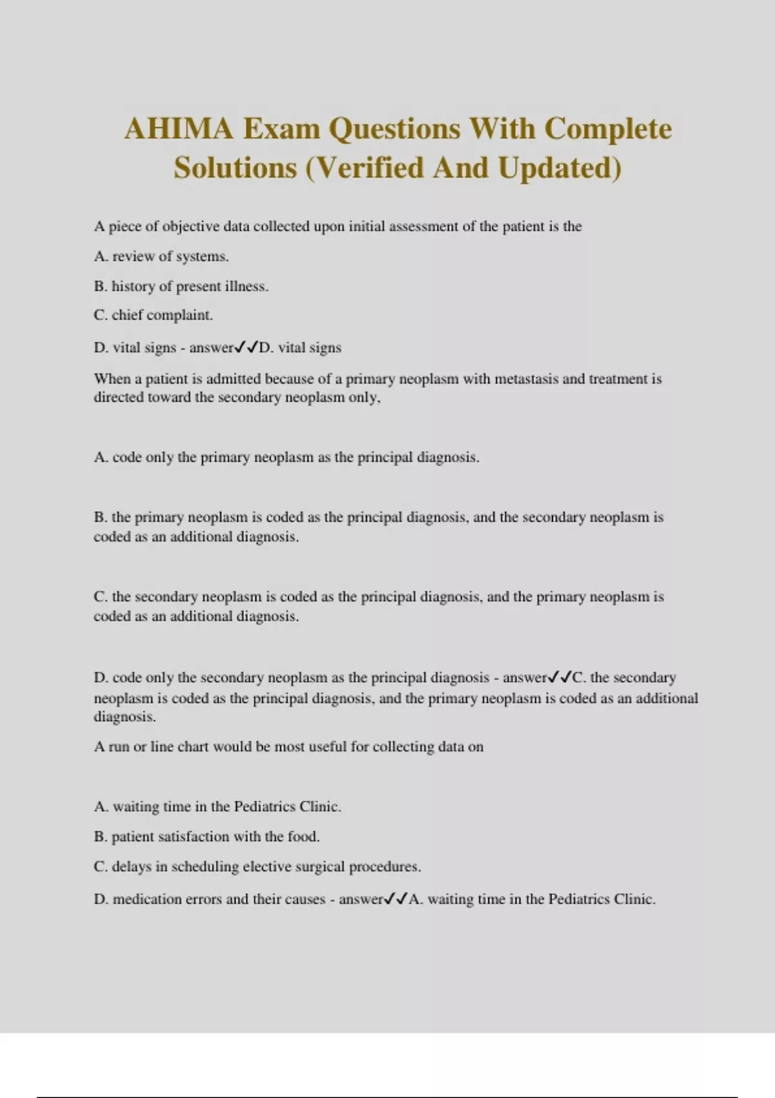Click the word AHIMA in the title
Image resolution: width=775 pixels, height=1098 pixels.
coord(178,129)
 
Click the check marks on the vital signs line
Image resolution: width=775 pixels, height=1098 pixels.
coord(246,347)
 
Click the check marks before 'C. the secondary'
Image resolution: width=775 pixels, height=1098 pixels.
coord(560,678)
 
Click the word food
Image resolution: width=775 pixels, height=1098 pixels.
coord(304,836)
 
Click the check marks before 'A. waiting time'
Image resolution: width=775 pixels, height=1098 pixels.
coord(396,899)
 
